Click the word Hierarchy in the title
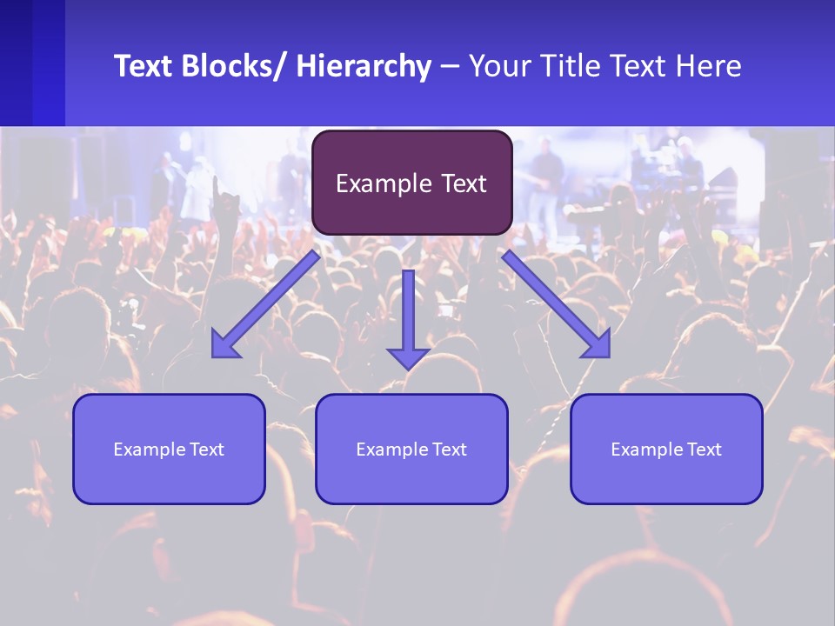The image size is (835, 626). tap(364, 67)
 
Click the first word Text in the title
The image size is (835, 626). tap(144, 66)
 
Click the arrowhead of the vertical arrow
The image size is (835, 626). tap(408, 358)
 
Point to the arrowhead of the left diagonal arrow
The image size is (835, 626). tap(224, 345)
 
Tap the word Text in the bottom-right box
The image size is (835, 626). tap(703, 450)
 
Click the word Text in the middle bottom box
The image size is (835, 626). tap(448, 450)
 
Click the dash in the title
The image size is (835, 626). tap(450, 67)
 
